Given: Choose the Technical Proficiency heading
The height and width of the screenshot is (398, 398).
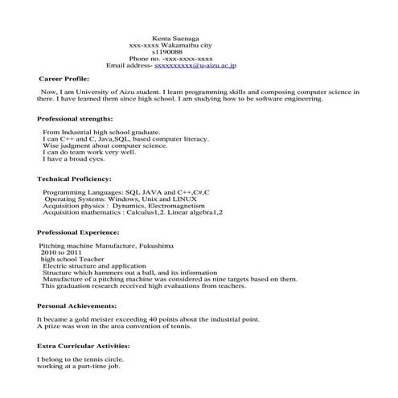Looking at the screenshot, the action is pos(74,178).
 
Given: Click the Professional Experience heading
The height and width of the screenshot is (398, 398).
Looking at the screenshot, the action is pos(79,231).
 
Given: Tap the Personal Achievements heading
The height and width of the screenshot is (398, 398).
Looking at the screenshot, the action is pos(77,306).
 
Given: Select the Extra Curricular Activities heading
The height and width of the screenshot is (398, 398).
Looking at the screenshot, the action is pos(84,345).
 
